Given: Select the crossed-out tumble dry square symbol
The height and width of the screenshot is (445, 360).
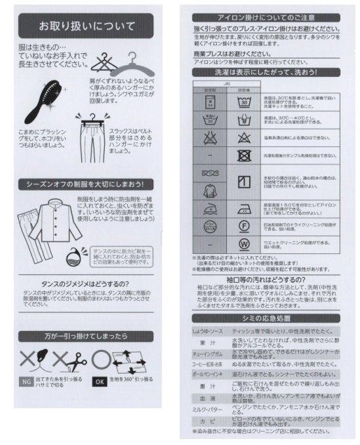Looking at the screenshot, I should [x=244, y=156].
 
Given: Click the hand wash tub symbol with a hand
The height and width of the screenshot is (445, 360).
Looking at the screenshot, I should [x=244, y=119].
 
